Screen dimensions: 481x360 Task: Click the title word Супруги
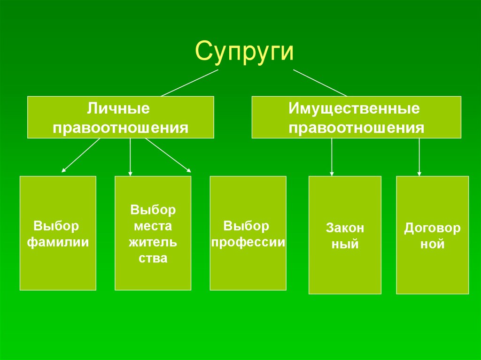coord(244,51)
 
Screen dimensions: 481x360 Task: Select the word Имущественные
coord(354,109)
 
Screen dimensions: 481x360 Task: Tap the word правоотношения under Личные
coord(120,128)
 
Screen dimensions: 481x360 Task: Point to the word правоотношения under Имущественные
coord(357,128)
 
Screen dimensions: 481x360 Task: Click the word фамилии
coord(58,243)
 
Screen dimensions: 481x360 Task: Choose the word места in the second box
coord(153,226)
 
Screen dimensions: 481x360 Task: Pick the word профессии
coord(248,243)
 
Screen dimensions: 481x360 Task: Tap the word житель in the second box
coord(153,242)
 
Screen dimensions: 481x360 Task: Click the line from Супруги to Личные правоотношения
coord(190,83)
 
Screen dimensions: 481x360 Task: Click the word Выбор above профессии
coord(247,226)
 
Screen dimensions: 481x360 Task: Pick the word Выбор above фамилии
coord(56,226)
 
